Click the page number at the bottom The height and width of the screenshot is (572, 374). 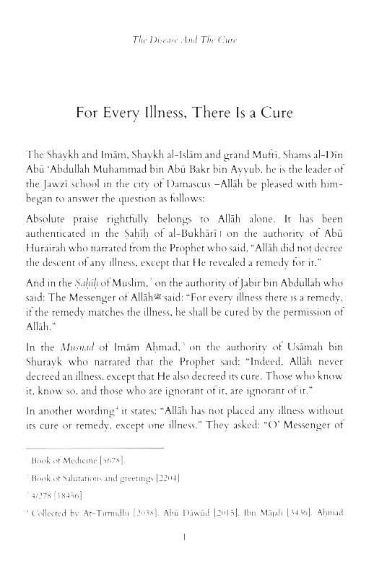pyautogui.click(x=186, y=537)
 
